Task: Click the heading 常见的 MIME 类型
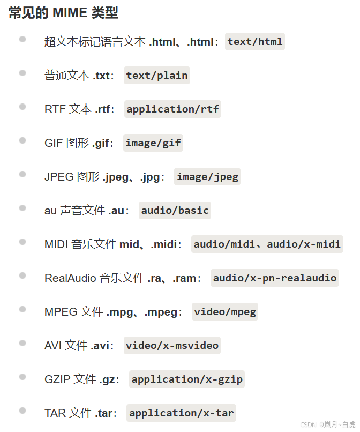[64, 13]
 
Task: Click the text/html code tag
[255, 41]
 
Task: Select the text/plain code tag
[157, 76]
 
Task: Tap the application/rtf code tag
[172, 109]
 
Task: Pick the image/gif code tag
[153, 143]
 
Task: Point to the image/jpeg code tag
[207, 176]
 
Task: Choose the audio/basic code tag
[175, 210]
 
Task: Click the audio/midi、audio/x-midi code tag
[267, 244]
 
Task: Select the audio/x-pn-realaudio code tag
[275, 278]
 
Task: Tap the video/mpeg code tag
[225, 311]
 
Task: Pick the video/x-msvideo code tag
[172, 345]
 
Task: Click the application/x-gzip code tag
[187, 379]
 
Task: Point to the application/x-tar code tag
[182, 413]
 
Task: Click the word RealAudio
[70, 278]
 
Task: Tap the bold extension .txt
[102, 76]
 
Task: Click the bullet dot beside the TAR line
[22, 411]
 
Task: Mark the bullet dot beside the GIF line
[22, 140]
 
